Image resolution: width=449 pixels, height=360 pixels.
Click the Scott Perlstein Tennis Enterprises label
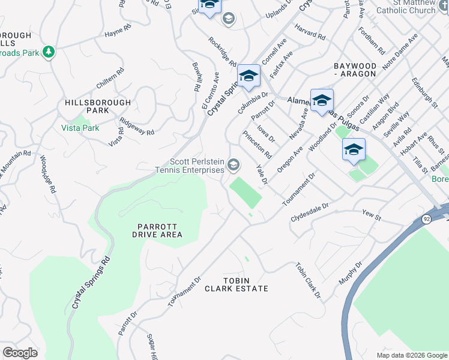197,166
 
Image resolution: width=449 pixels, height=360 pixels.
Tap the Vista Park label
80,128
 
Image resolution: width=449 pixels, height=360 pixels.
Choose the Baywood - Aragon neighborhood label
354,69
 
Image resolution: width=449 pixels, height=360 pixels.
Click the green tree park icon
48,52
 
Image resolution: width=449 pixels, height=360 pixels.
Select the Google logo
20,352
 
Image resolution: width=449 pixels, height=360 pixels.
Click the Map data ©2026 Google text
411,355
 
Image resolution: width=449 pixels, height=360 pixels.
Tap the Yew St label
372,214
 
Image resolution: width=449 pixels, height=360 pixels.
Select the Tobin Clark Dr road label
307,280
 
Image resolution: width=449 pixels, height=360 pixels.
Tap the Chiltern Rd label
110,79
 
